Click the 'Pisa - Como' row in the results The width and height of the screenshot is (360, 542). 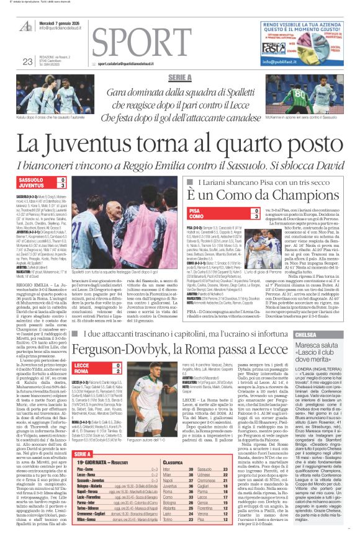tap(88, 471)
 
